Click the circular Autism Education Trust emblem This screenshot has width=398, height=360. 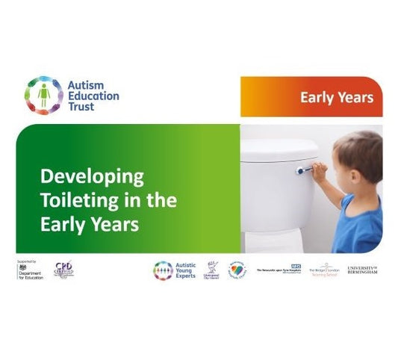pyautogui.click(x=43, y=95)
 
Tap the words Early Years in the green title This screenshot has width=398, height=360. pyautogui.click(x=89, y=224)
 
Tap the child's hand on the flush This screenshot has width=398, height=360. pyautogui.click(x=319, y=171)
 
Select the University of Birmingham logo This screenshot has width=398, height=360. pyautogui.click(x=363, y=270)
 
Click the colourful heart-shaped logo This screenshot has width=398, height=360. pyautogui.click(x=236, y=270)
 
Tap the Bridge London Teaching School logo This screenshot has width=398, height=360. pyautogui.click(x=325, y=270)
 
